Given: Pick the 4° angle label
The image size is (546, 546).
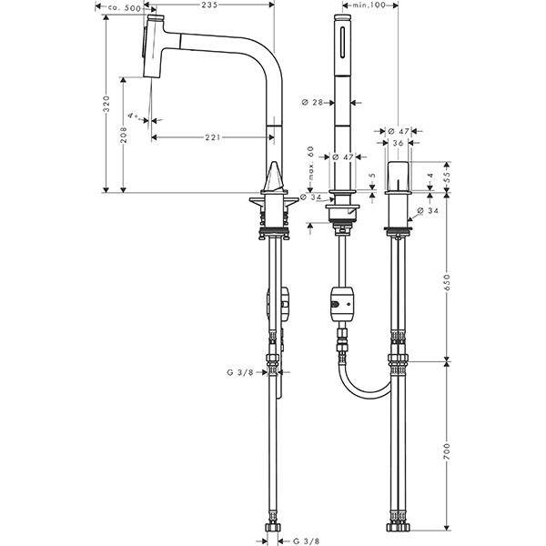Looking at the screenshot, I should (x=134, y=116).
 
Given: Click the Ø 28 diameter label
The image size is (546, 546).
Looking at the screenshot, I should (x=313, y=103).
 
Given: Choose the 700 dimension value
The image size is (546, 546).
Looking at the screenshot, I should (x=446, y=450).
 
